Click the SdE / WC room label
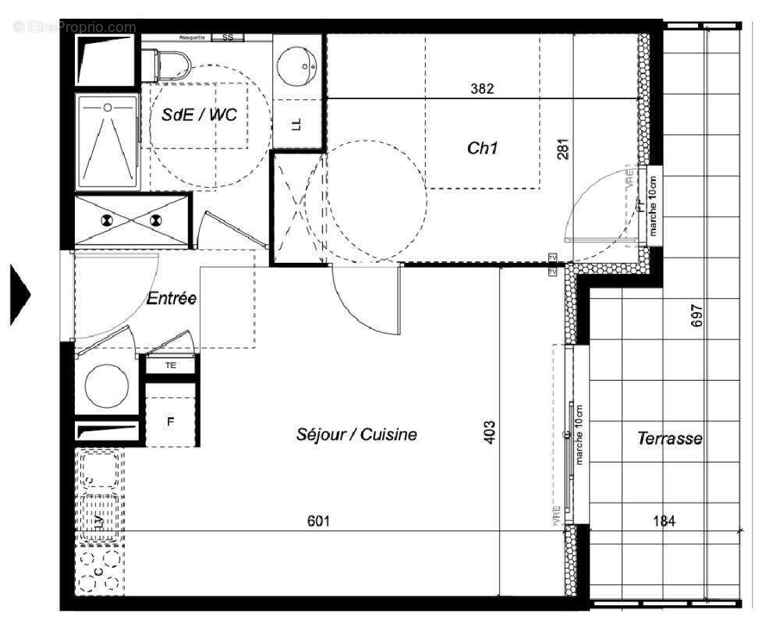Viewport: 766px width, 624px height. pos(199,114)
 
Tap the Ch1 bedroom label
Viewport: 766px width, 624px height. pos(482,147)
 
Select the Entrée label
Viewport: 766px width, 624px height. pos(171,299)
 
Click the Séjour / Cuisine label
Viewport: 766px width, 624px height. pos(356,434)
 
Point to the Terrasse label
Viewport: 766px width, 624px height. pos(669,438)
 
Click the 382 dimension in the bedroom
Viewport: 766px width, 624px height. pos(482,89)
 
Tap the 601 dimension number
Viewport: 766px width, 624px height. pos(319,521)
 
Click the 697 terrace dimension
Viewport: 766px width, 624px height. pos(697,315)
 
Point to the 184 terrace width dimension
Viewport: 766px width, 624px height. pos(663,521)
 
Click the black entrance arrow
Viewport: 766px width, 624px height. pos(20,294)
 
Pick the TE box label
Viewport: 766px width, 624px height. pos(170,365)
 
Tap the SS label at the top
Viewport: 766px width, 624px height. pos(228,37)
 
